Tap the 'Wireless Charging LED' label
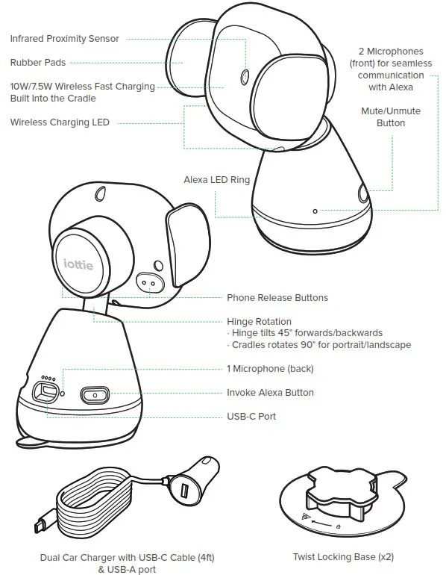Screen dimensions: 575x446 [60, 122]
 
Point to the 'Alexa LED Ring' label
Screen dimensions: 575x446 [216, 180]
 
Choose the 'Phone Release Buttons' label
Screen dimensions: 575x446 [277, 297]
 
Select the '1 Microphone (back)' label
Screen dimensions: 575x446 [270, 369]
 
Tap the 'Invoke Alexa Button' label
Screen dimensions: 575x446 [270, 392]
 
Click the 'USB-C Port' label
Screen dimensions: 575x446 [251, 416]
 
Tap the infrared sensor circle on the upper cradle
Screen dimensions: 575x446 [245, 76]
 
